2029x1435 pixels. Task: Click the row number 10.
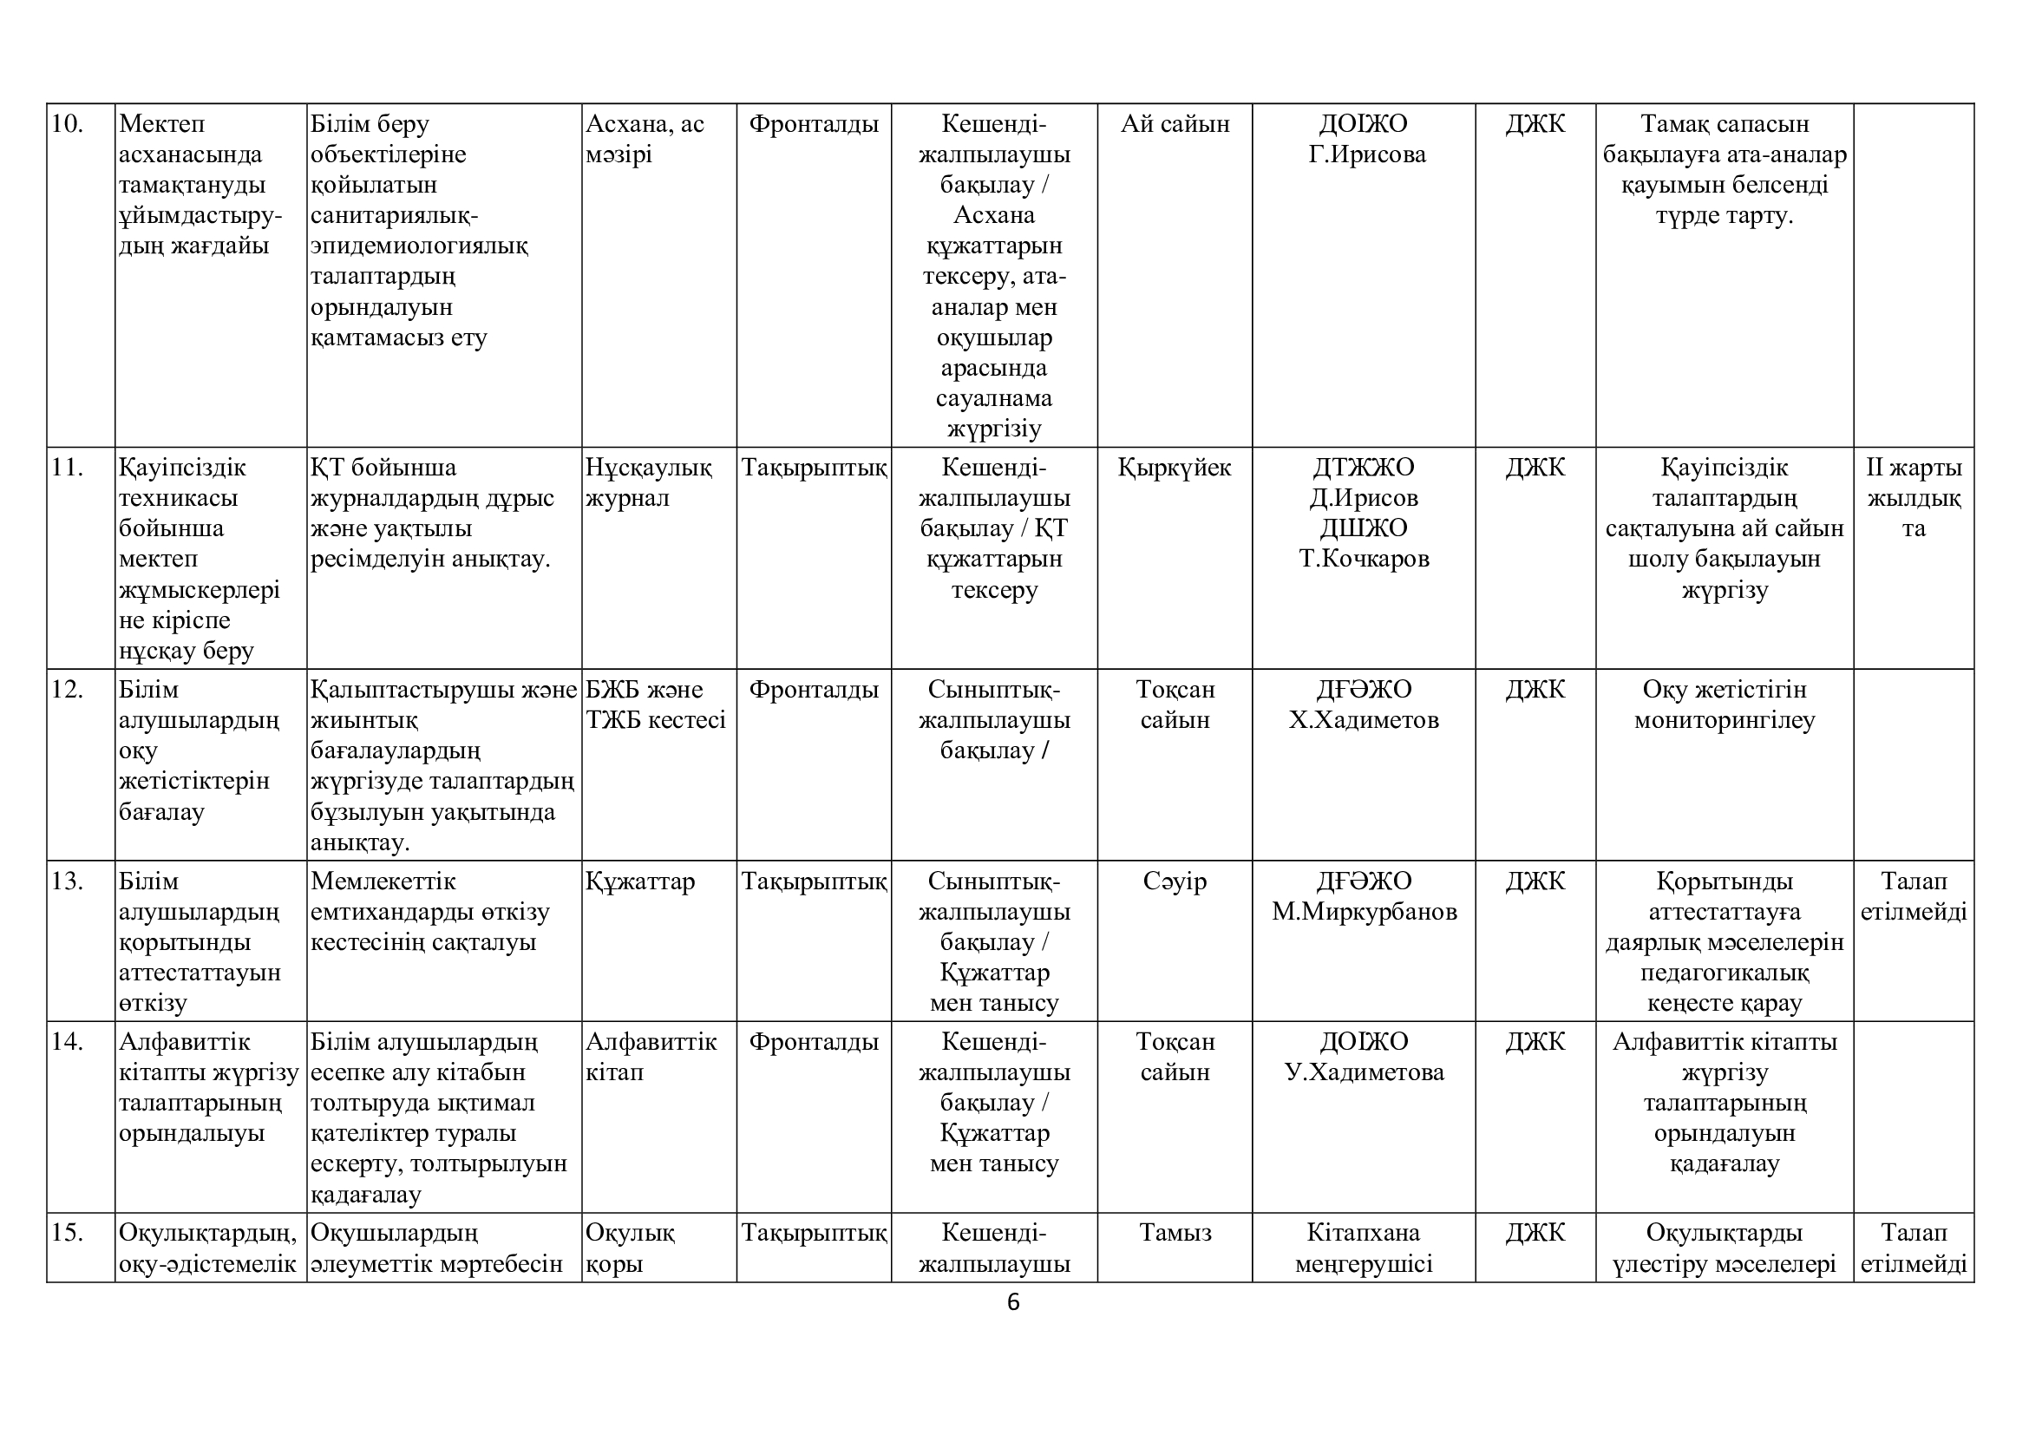[x=67, y=124]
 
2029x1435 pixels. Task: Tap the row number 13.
[x=67, y=881]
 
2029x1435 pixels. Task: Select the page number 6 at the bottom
[x=1012, y=1302]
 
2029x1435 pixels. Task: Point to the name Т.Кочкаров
[x=1364, y=559]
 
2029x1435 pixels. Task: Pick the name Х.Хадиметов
[x=1364, y=720]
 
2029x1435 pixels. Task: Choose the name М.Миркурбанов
[x=1364, y=912]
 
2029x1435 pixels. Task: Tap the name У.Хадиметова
[x=1364, y=1072]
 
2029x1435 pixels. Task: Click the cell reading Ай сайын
[x=1175, y=124]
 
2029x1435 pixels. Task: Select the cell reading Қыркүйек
[x=1175, y=468]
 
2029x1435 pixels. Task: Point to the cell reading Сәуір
[x=1175, y=881]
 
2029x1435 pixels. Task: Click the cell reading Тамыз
[x=1175, y=1233]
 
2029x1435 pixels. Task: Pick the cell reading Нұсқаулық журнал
[x=649, y=482]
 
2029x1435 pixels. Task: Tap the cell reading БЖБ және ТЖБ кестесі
[x=656, y=705]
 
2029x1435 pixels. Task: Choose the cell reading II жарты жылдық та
[x=1914, y=498]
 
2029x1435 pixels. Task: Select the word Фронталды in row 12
[x=813, y=689]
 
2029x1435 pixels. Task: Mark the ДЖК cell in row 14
[x=1535, y=1042]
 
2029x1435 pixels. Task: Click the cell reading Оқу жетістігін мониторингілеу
[x=1725, y=705]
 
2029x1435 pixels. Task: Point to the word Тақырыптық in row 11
[x=813, y=468]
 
